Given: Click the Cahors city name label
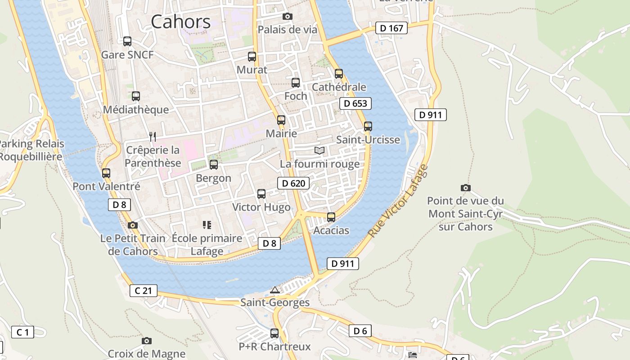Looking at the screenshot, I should (180, 22).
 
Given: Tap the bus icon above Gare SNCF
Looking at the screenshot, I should (127, 41).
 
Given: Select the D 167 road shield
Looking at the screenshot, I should (391, 28).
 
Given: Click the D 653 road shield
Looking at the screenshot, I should (355, 103).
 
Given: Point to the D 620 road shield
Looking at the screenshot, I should (293, 183).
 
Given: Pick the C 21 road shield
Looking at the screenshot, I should (144, 291).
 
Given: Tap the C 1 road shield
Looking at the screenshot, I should (22, 333).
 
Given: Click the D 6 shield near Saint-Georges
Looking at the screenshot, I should (360, 331).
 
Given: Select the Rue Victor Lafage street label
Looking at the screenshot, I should (398, 201).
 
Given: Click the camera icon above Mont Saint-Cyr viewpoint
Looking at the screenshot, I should (466, 188).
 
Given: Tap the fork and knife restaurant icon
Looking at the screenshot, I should (153, 136).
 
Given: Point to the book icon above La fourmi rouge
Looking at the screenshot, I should (319, 150).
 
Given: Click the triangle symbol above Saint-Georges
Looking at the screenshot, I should (275, 290).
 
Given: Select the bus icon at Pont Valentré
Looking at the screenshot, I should (106, 173).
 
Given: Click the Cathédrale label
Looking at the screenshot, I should (339, 87).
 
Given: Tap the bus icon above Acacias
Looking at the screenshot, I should (331, 217).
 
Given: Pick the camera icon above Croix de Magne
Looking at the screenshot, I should (146, 341).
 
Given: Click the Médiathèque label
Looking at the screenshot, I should (136, 110).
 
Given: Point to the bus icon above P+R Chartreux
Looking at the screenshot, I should (274, 333).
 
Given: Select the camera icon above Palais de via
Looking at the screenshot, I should (287, 17).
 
